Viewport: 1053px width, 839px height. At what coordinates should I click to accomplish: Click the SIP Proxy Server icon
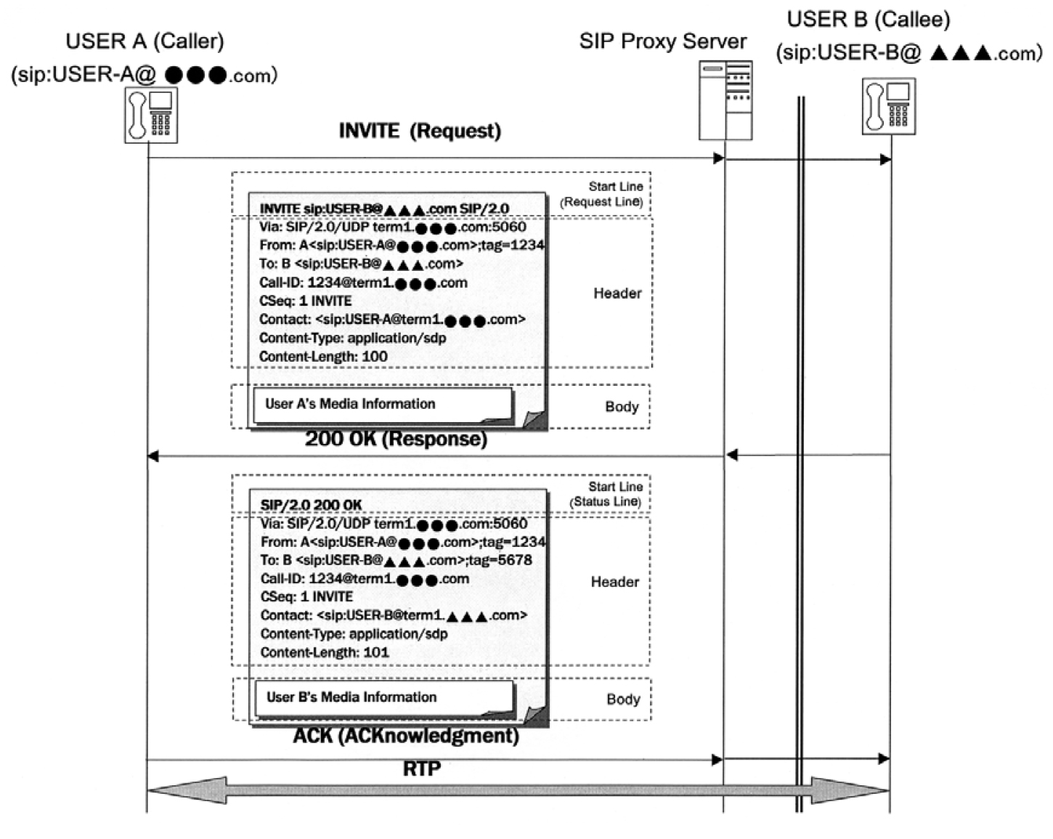pyautogui.click(x=725, y=100)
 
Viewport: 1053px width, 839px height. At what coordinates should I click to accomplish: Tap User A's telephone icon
pyautogui.click(x=151, y=115)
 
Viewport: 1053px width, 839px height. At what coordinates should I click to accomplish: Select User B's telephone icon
pyautogui.click(x=889, y=106)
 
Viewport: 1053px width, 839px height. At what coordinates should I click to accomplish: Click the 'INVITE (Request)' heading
pyautogui.click(x=420, y=131)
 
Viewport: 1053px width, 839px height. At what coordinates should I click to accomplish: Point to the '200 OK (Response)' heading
pyautogui.click(x=396, y=439)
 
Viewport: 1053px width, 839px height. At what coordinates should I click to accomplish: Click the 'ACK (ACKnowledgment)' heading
pyautogui.click(x=406, y=736)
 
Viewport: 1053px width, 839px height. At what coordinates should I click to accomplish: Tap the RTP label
pyautogui.click(x=422, y=769)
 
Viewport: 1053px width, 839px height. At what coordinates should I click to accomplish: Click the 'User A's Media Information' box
pyautogui.click(x=383, y=405)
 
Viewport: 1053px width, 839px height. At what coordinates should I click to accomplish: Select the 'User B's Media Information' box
pyautogui.click(x=384, y=698)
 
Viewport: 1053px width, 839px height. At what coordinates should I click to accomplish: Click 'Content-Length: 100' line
pyautogui.click(x=323, y=357)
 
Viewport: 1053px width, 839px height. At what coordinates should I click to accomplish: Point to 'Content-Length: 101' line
pyautogui.click(x=325, y=652)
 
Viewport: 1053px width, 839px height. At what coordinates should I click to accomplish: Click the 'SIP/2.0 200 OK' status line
pyautogui.click(x=311, y=505)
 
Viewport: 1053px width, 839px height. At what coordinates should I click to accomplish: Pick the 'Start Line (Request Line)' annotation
pyautogui.click(x=602, y=194)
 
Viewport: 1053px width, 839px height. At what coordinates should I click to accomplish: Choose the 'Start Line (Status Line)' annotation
pyautogui.click(x=605, y=494)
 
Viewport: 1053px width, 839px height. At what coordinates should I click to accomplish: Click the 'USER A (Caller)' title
pyautogui.click(x=145, y=41)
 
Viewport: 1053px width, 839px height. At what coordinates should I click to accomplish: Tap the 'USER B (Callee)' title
pyautogui.click(x=869, y=20)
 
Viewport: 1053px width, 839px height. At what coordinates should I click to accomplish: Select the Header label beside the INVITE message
pyautogui.click(x=617, y=293)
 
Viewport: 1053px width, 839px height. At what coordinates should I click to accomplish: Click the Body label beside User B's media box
pyautogui.click(x=623, y=699)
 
